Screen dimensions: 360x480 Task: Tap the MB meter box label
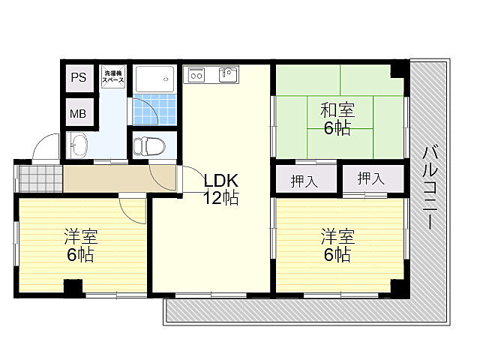coord(78,114)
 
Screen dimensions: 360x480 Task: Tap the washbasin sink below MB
coord(78,143)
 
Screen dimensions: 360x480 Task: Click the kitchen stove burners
coord(196,74)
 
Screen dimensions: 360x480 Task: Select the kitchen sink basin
coord(227,74)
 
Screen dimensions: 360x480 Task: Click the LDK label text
coord(220,181)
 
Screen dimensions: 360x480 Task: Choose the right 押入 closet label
coord(370,178)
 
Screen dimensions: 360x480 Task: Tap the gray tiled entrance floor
coord(40,177)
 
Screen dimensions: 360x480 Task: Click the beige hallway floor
coord(120,178)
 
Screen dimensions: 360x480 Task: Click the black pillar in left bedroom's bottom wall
coord(72,286)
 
